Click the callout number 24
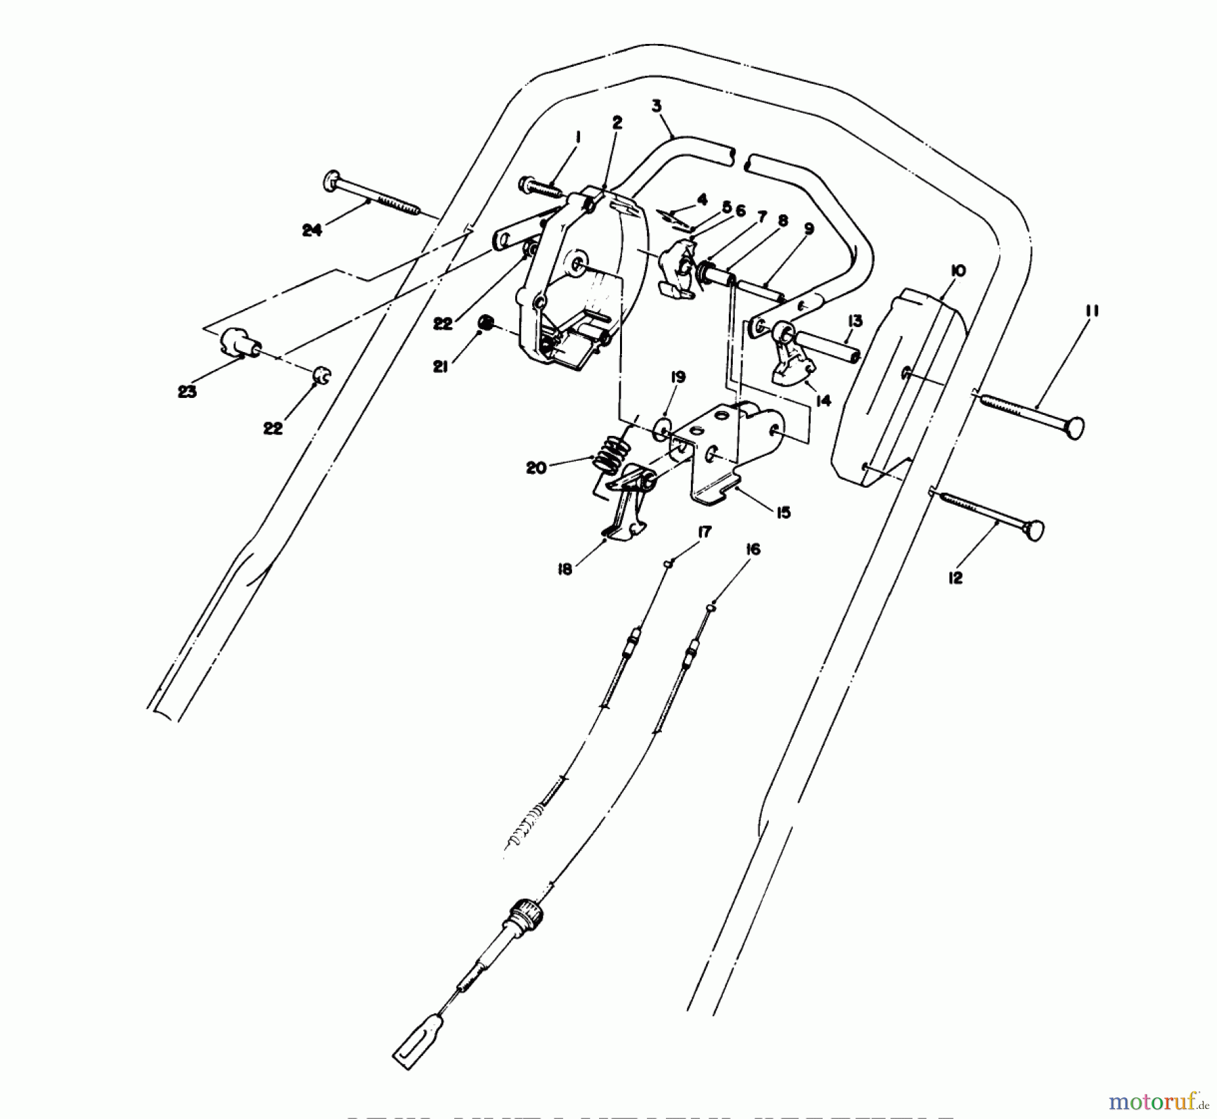pos(312,230)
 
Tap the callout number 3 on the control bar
pos(657,106)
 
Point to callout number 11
pos(1093,311)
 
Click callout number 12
pos(955,578)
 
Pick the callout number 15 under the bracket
pos(783,513)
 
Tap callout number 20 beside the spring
pos(536,468)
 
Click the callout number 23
pos(187,391)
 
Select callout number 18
pos(565,569)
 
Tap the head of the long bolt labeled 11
pos(1074,428)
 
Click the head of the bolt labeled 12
pos(1032,531)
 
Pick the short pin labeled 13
pos(828,346)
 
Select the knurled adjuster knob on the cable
pos(526,908)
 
